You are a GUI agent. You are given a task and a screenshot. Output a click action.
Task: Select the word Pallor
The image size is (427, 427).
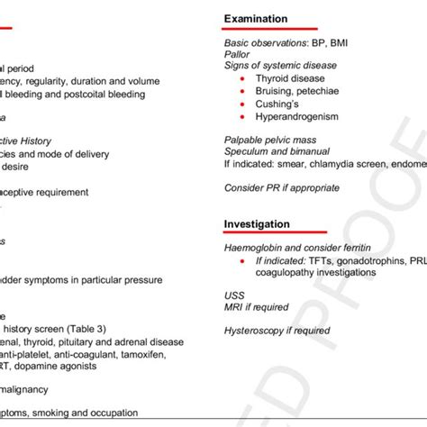[x=238, y=54]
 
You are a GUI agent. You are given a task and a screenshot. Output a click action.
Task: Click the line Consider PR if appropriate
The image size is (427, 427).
[x=281, y=187]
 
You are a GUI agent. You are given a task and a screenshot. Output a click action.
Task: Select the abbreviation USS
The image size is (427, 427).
[x=233, y=295]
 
